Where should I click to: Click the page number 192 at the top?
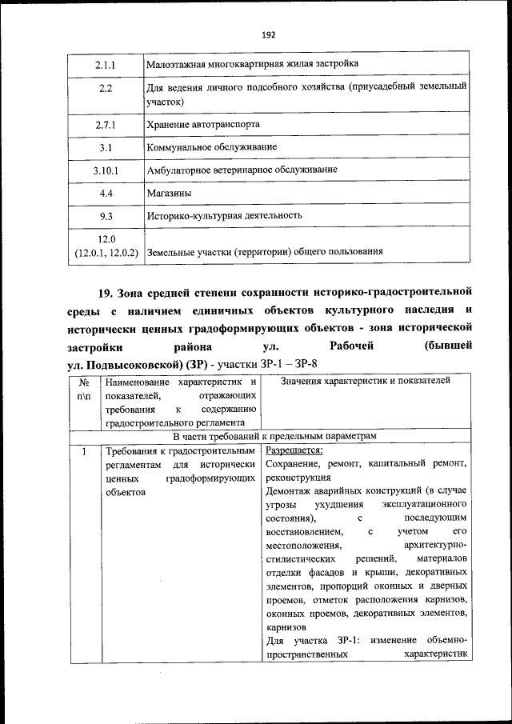[x=268, y=34]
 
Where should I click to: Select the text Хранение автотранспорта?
[x=203, y=125]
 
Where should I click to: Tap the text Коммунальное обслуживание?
[x=212, y=147]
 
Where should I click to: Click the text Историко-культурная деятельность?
[x=224, y=216]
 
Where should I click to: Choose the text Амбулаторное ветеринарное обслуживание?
[x=242, y=170]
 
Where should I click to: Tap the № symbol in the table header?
[x=84, y=382]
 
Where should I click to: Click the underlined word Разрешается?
[x=294, y=450]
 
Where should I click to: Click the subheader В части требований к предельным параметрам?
[x=274, y=436]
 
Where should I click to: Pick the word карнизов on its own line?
[x=286, y=627]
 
